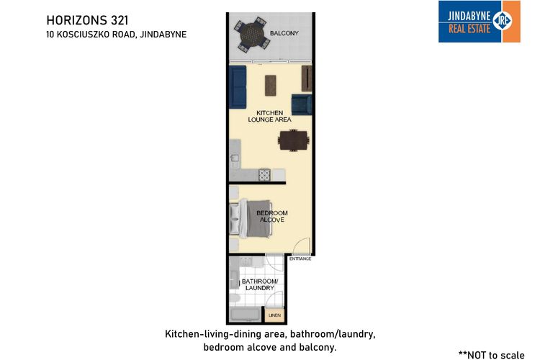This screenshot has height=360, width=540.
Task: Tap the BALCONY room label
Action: pyautogui.click(x=284, y=33)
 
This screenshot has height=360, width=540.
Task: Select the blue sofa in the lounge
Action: pyautogui.click(x=238, y=87)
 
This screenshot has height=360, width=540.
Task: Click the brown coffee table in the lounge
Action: pyautogui.click(x=270, y=86)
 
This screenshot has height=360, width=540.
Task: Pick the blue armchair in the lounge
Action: pyautogui.click(x=302, y=104)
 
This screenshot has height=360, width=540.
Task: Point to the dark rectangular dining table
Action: pyautogui.click(x=294, y=140)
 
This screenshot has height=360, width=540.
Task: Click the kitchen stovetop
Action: pyautogui.click(x=264, y=174)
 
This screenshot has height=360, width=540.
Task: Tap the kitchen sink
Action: pyautogui.click(x=235, y=161)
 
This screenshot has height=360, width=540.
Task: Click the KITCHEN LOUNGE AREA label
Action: pyautogui.click(x=270, y=116)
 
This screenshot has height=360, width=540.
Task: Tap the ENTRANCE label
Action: pyautogui.click(x=300, y=258)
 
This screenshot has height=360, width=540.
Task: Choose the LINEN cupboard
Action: pyautogui.click(x=274, y=315)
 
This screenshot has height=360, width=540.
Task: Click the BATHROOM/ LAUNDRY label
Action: pyautogui.click(x=260, y=284)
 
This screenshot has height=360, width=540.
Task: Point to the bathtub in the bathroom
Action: pyautogui.click(x=246, y=314)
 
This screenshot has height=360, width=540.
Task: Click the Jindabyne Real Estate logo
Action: pyautogui.click(x=479, y=22)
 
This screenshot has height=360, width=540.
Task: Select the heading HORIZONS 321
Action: pyautogui.click(x=87, y=20)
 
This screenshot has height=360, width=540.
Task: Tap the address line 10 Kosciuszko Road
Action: pyautogui.click(x=117, y=35)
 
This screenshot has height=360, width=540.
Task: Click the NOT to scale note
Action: pyautogui.click(x=492, y=355)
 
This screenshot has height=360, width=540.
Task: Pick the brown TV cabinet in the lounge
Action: pyautogui.click(x=307, y=78)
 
